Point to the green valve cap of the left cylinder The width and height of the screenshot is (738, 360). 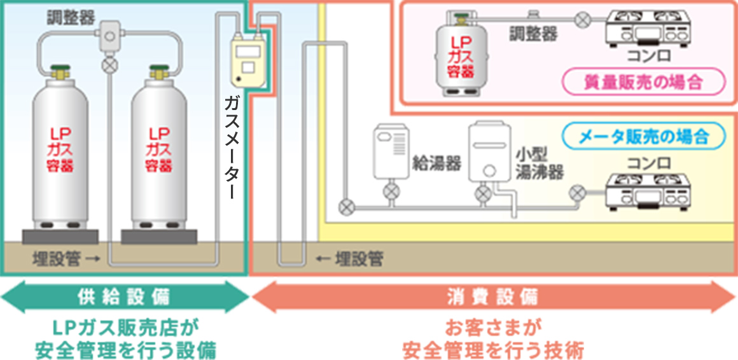coord(59,67)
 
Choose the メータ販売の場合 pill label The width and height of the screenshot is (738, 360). coord(644,135)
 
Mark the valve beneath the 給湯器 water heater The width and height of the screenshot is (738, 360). coord(390,191)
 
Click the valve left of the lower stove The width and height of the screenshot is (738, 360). coord(578,190)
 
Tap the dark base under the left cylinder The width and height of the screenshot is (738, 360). coord(60,237)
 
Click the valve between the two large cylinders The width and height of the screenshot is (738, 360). coord(111,64)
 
